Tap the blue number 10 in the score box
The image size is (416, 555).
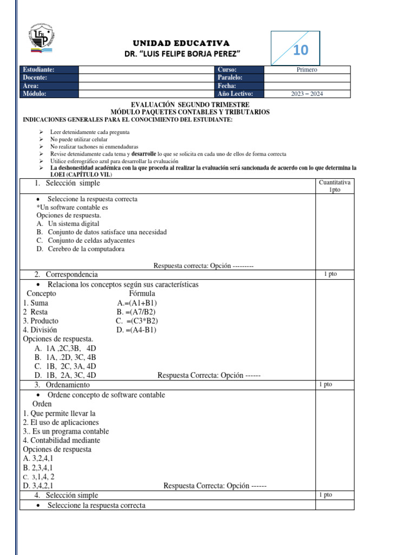(301, 50)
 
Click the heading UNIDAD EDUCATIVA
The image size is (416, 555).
(181, 43)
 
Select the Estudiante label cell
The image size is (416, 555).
(49, 69)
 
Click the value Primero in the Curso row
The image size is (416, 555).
(307, 69)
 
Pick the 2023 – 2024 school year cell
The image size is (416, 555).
(307, 94)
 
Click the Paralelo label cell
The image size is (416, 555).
(239, 78)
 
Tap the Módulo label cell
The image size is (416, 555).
(49, 94)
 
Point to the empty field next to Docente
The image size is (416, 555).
(146, 78)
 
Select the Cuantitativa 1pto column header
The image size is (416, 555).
(335, 186)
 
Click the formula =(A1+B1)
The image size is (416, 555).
(137, 303)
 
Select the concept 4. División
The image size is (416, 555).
(40, 330)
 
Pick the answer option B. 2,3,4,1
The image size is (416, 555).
(38, 467)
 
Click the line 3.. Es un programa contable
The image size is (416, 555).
(66, 431)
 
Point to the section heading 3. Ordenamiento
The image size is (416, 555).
(64, 385)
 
